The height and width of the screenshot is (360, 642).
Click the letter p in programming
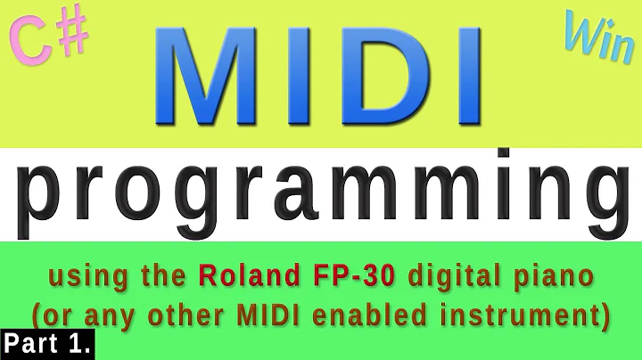click(42, 198)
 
